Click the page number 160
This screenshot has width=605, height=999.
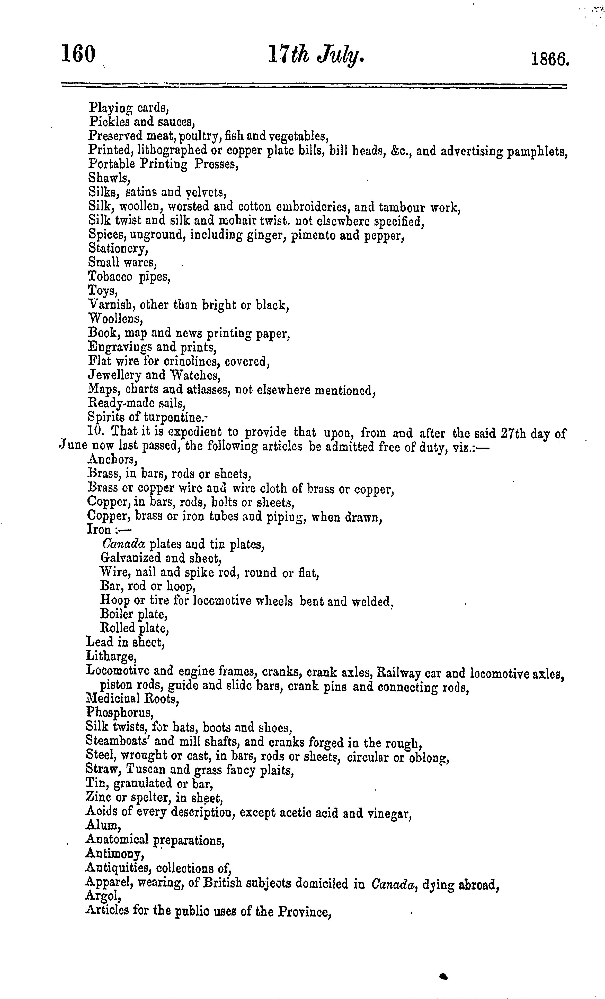[78, 54]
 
